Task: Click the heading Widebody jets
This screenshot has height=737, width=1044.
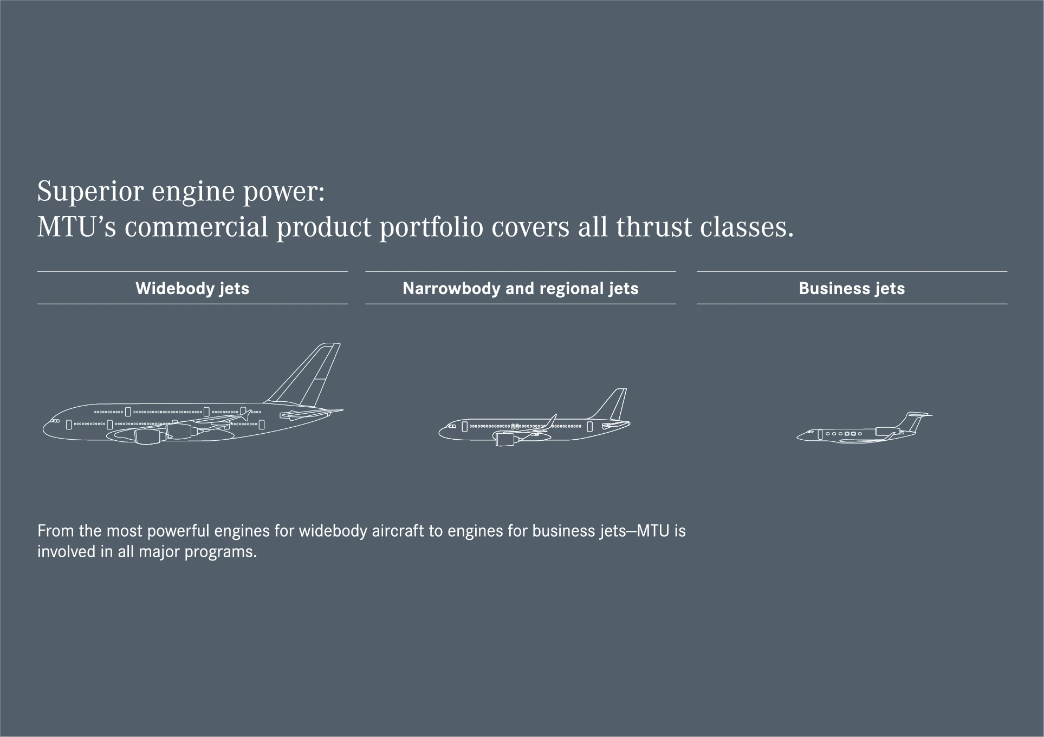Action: point(192,288)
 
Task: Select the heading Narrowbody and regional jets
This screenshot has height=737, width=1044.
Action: point(521,288)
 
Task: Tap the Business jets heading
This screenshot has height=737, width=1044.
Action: point(852,288)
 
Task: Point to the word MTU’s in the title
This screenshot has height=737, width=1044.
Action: point(76,226)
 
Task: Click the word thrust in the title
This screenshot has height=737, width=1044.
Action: point(653,226)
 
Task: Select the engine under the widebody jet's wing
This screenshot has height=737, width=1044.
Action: point(150,435)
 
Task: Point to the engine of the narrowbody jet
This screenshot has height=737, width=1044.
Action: point(506,439)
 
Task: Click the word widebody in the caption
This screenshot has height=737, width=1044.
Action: point(333,531)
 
